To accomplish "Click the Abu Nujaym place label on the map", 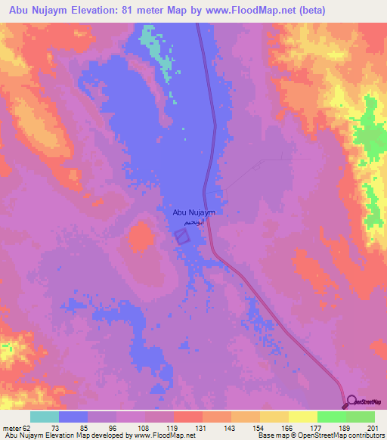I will tap(194, 213).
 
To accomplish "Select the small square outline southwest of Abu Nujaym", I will tap(182, 237).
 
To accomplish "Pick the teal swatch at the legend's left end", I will tap(45, 417).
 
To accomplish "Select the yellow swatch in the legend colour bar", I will tap(302, 417).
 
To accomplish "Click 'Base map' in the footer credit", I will tap(272, 435).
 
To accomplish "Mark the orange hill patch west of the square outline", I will tap(140, 237).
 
